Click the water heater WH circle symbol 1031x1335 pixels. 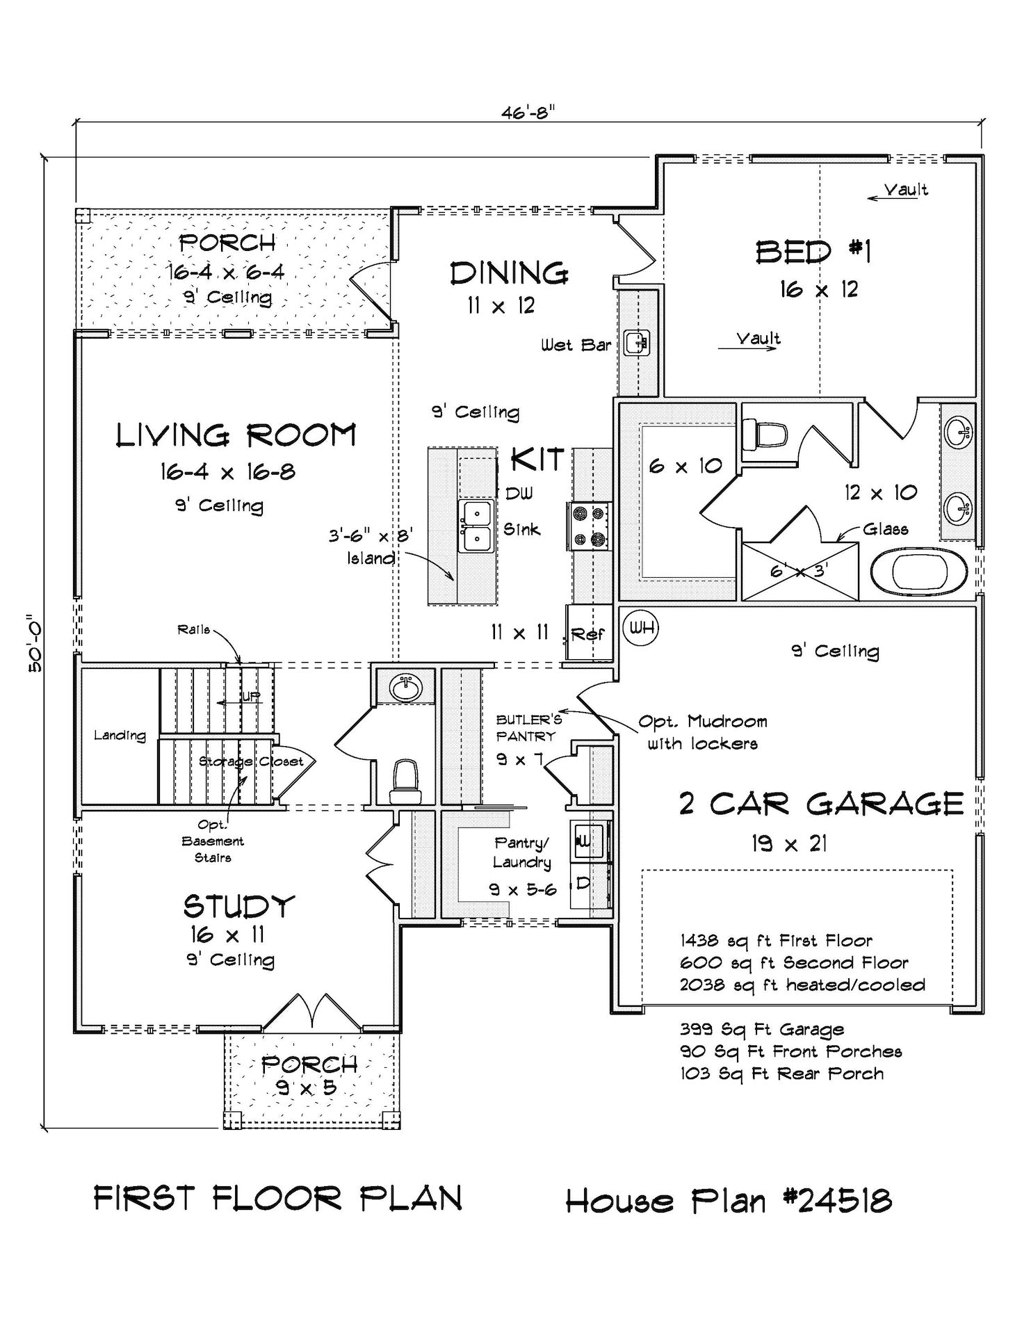click(x=642, y=628)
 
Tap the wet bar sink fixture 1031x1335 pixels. click(x=638, y=341)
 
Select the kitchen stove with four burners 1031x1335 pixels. click(x=590, y=526)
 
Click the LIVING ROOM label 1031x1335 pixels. click(x=236, y=436)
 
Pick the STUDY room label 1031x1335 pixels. click(x=239, y=907)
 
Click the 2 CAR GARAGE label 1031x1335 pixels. click(x=821, y=804)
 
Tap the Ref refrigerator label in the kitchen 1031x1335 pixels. click(x=587, y=634)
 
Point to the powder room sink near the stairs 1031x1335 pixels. click(x=406, y=688)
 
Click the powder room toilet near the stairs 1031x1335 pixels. click(x=406, y=781)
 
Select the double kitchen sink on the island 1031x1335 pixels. click(x=476, y=526)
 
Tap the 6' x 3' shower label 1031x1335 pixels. click(x=800, y=572)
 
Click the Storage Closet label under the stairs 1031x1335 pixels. click(x=251, y=761)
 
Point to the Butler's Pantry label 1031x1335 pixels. click(x=528, y=728)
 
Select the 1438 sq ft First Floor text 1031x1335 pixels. click(x=776, y=941)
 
